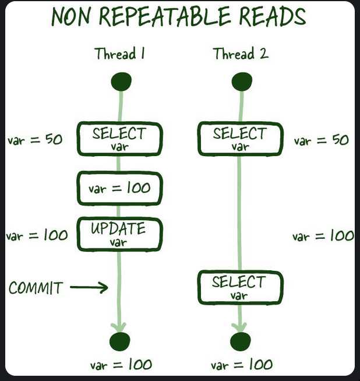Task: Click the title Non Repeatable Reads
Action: point(178,17)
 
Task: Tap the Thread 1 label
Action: point(119,55)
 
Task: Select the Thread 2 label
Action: point(240,55)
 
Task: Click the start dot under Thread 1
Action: point(121,82)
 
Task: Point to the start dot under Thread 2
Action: point(241,82)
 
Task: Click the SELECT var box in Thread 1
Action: point(119,139)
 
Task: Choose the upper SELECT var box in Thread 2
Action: point(240,139)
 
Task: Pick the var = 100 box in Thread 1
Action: point(119,188)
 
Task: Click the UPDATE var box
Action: point(119,234)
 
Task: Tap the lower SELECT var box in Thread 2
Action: point(239,287)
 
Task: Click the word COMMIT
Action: point(36,287)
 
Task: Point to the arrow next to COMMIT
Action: point(89,287)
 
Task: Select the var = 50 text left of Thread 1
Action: point(34,140)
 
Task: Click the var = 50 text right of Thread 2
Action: point(321,140)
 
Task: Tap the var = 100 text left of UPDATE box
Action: point(36,236)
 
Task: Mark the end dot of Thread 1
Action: point(120,341)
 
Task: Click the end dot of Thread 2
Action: point(240,341)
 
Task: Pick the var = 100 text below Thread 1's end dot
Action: point(121,365)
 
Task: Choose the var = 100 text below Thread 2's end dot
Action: point(242,365)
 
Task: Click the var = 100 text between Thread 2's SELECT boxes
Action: point(323,236)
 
